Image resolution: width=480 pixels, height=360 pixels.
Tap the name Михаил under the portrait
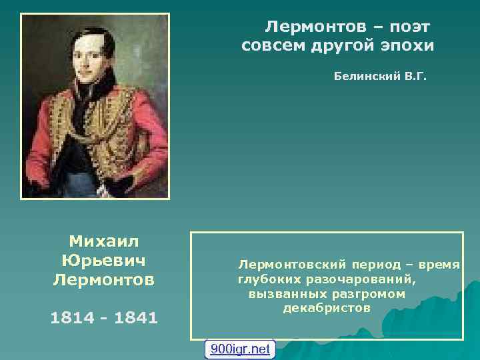(x=103, y=240)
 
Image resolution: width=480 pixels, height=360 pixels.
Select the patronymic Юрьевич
(x=103, y=259)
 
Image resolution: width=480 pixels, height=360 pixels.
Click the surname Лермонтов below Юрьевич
(x=103, y=279)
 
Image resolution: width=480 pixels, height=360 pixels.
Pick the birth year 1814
(x=71, y=318)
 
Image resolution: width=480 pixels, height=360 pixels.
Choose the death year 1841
(x=136, y=318)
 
